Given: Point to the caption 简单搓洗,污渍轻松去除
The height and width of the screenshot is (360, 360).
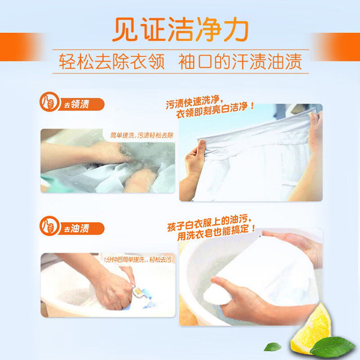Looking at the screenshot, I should [x=141, y=135].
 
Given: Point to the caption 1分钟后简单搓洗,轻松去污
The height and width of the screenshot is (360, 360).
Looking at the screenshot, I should [x=138, y=260].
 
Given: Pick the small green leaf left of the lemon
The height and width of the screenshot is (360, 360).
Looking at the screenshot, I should [x=272, y=346].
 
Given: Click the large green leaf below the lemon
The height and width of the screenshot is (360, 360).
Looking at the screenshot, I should [x=332, y=347].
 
